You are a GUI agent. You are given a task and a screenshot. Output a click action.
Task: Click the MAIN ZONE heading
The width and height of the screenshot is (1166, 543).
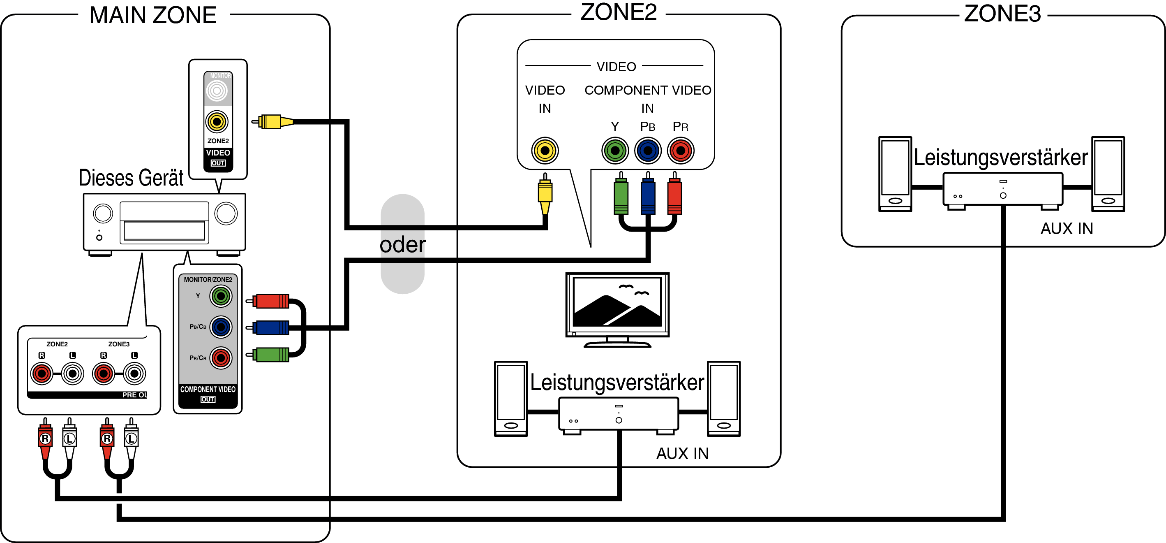[x=153, y=15]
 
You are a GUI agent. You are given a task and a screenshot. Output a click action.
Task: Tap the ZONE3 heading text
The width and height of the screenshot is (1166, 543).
[x=1002, y=14]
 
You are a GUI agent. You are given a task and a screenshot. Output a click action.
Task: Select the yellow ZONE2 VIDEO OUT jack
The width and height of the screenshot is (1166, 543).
[x=217, y=121]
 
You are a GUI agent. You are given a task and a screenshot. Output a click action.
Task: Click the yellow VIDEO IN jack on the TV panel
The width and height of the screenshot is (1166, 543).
[x=545, y=151]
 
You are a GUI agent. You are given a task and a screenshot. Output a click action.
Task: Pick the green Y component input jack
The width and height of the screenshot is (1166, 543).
[x=615, y=151]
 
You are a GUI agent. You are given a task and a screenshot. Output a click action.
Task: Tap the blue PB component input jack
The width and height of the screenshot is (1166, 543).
[x=648, y=151]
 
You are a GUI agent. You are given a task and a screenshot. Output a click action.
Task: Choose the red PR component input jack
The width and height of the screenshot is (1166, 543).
[x=680, y=151]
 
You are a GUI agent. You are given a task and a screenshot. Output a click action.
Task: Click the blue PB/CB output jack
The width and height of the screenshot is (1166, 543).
[x=221, y=327]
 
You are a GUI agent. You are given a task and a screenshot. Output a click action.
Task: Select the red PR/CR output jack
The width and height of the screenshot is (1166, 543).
[x=221, y=358]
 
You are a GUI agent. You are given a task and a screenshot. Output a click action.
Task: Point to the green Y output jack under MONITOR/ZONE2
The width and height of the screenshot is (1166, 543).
[x=221, y=297]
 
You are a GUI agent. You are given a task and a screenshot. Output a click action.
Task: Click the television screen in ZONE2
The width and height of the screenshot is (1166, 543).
[x=617, y=302]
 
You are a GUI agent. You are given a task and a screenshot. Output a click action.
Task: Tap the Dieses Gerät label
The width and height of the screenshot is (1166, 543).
[x=131, y=178]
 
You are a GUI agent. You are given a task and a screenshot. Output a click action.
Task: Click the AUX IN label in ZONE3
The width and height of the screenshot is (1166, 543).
[x=1067, y=229]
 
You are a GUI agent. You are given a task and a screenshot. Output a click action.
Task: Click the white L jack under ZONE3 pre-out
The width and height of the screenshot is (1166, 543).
[x=134, y=374]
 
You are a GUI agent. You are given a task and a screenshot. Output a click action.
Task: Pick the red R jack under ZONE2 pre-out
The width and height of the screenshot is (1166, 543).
[x=42, y=374]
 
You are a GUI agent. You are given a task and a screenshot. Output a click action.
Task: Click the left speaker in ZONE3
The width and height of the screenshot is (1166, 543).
[x=895, y=174]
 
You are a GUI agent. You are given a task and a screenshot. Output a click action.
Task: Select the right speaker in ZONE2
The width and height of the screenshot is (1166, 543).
[x=723, y=399]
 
